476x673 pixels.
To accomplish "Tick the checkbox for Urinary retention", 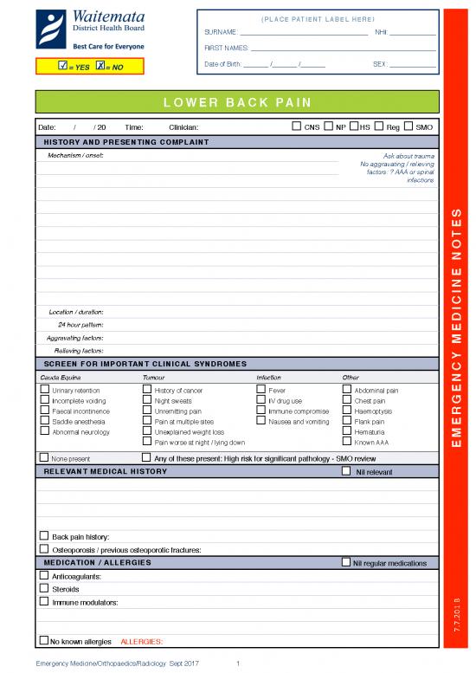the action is coord(45,390).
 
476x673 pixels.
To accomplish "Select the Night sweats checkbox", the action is coord(146,400).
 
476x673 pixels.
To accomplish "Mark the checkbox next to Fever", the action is coord(261,390).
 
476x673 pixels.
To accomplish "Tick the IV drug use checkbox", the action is coord(261,400).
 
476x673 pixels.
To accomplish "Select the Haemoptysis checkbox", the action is coord(347,411).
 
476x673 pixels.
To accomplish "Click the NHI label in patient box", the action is coord(382,32).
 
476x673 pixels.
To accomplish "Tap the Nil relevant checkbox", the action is coord(347,472).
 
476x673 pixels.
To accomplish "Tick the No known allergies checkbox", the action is coord(43,641).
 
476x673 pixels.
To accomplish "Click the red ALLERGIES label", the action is coord(142,642).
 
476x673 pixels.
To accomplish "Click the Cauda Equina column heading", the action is coord(58,378).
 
